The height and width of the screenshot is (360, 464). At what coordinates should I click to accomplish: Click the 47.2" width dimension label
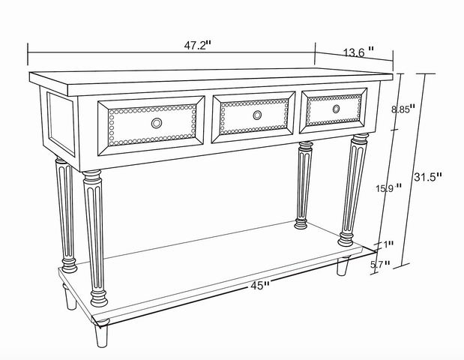pos(198,45)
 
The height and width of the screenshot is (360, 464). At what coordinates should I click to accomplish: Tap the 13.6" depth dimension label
pos(358,52)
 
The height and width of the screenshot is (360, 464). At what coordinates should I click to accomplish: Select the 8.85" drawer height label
pos(403,109)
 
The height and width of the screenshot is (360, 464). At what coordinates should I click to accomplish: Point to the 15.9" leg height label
pos(389,187)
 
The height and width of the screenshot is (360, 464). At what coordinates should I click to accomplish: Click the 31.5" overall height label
pos(427,177)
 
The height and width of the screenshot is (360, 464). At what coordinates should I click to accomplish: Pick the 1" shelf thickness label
pos(388,244)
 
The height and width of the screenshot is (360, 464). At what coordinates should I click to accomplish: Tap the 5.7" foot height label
pos(380,264)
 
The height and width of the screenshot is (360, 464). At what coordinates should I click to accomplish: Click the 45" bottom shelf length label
pos(260,286)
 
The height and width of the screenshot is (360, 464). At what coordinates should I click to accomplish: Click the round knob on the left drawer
pos(157,123)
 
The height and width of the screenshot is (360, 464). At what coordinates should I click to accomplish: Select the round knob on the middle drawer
pos(257,115)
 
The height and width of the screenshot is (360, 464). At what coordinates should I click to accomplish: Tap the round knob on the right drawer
pos(336,109)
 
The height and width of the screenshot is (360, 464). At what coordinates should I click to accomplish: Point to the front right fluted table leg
pos(353,190)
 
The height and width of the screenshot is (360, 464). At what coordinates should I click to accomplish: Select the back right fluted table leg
pos(304,185)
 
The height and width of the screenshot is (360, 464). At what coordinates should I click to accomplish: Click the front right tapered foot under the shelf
pos(343,265)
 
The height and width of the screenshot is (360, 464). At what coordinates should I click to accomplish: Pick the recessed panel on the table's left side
pos(61,124)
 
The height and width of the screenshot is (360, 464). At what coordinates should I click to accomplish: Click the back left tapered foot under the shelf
pos(70,297)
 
